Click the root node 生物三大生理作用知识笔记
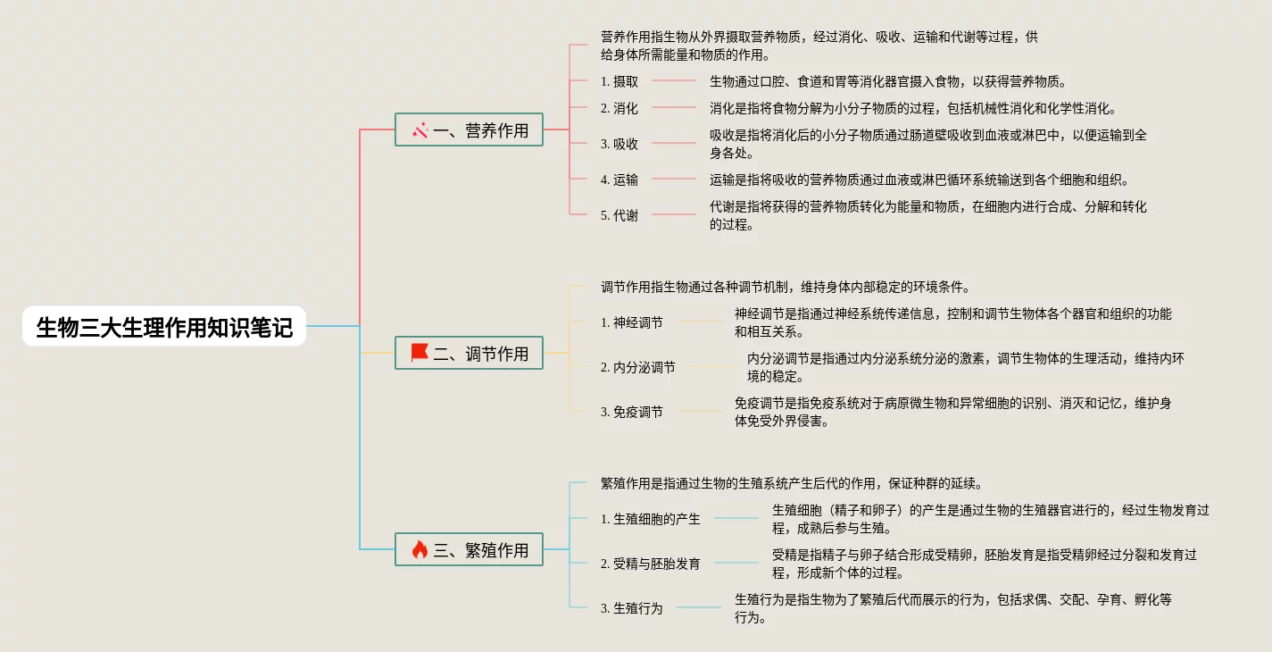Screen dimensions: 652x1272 tap(164, 327)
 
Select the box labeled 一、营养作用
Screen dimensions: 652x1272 tap(470, 130)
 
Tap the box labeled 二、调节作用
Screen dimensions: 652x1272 tap(470, 354)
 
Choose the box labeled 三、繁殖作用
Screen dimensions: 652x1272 tap(470, 550)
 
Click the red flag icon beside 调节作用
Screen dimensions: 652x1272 tap(420, 353)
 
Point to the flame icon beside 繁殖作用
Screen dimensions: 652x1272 tap(420, 550)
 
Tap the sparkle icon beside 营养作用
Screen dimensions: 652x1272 tap(420, 130)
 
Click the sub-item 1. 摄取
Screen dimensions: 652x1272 tap(619, 81)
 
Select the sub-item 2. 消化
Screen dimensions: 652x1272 tap(619, 108)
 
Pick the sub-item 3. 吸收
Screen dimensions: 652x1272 tap(619, 144)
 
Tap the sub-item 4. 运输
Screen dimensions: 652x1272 tap(619, 180)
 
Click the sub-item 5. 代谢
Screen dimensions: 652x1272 tap(619, 215)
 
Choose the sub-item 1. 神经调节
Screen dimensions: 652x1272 tap(632, 322)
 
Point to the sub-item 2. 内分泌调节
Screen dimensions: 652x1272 tap(638, 367)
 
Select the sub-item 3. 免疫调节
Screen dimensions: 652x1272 tap(632, 412)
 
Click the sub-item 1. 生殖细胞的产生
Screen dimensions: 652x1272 tap(651, 519)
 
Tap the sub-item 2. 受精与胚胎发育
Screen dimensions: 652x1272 tap(651, 564)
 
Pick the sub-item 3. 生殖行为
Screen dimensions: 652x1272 tap(632, 608)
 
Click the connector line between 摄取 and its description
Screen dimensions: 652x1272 tap(674, 80)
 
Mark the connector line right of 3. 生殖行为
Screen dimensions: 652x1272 tap(698, 607)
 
